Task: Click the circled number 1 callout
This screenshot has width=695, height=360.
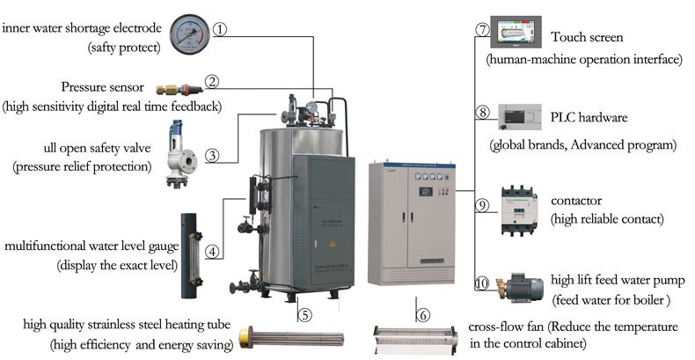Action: click(x=220, y=29)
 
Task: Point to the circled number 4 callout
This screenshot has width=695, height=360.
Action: click(x=213, y=251)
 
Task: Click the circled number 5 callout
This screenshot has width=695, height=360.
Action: click(x=304, y=313)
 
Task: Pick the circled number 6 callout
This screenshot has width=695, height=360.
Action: click(x=422, y=313)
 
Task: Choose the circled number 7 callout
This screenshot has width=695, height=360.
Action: click(x=482, y=29)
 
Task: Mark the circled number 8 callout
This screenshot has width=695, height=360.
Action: click(x=482, y=113)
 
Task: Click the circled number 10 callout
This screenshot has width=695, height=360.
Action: click(x=482, y=283)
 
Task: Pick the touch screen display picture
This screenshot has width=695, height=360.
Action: click(x=516, y=33)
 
